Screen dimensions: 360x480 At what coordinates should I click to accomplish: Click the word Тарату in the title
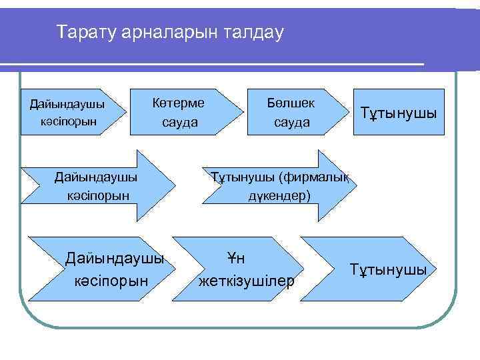coord(84,31)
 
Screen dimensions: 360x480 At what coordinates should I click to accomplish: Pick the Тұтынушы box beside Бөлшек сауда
coord(399,113)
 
